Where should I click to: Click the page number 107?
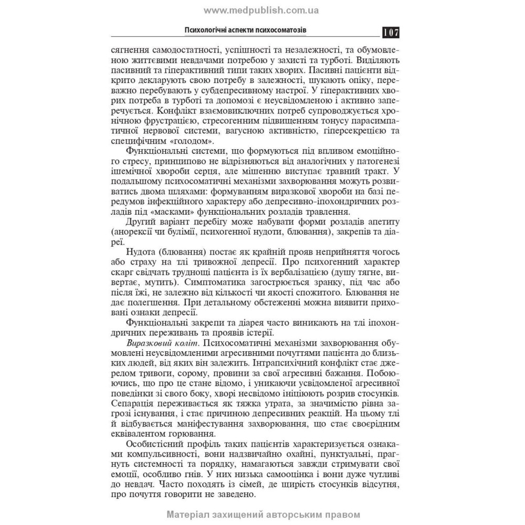(391, 32)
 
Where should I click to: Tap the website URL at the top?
(261, 10)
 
